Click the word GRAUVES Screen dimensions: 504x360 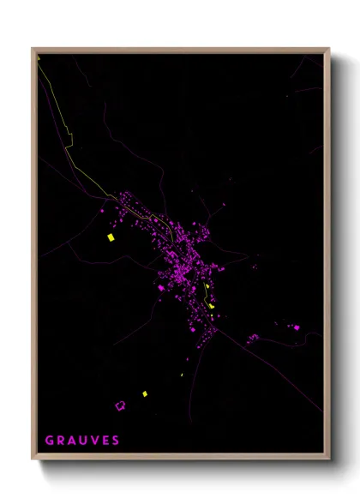(x=82, y=441)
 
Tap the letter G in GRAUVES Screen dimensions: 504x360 (x=49, y=441)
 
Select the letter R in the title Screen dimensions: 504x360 (x=60, y=441)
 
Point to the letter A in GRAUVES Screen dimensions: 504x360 (x=71, y=441)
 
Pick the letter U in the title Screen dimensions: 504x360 (x=83, y=441)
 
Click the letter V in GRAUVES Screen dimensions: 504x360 (x=94, y=441)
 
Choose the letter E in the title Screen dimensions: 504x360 (x=105, y=441)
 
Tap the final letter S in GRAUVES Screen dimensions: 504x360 (x=116, y=441)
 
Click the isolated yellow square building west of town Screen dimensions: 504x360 (x=110, y=237)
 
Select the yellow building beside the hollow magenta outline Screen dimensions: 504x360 (x=145, y=394)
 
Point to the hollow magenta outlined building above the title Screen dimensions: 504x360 (x=120, y=405)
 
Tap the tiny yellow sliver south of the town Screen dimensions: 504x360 (x=182, y=375)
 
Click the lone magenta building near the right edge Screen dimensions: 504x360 (x=297, y=327)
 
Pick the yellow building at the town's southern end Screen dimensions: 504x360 (x=211, y=305)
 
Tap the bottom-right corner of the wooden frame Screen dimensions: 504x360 (x=329, y=459)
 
